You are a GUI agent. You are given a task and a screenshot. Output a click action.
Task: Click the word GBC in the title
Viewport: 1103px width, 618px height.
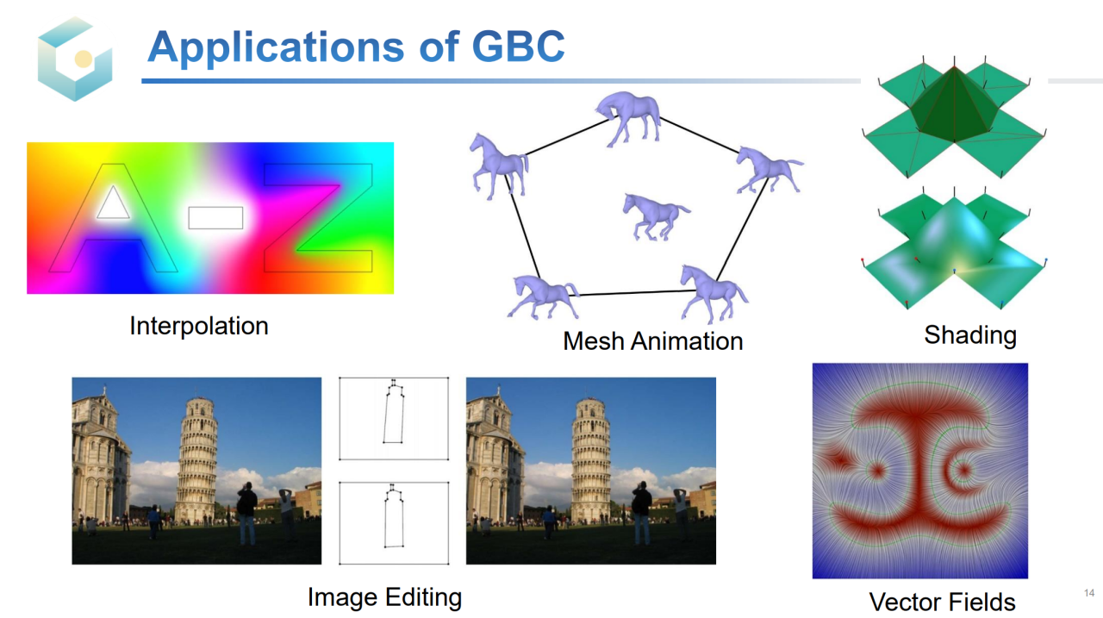point(518,47)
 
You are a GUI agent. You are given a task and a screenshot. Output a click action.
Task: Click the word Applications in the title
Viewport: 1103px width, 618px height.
point(276,47)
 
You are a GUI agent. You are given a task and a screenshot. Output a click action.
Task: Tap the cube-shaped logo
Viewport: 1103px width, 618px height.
point(75,59)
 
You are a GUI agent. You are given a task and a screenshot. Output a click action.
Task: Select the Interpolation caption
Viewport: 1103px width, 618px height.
point(199,326)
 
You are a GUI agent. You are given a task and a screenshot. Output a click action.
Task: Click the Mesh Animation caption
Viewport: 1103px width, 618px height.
point(653,341)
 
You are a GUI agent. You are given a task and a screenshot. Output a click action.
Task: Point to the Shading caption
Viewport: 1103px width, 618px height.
point(970,335)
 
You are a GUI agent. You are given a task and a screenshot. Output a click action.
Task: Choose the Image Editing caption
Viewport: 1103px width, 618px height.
point(384,597)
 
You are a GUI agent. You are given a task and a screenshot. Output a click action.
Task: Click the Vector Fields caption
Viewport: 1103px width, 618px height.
point(942,602)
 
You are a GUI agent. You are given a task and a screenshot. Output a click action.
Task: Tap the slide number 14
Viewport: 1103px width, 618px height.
point(1088,593)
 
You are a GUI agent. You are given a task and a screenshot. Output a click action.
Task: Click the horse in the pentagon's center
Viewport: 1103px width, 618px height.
point(655,216)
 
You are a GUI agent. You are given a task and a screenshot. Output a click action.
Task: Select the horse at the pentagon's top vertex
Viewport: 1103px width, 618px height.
point(629,118)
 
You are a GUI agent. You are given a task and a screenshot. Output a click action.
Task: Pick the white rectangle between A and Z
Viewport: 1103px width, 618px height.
point(215,218)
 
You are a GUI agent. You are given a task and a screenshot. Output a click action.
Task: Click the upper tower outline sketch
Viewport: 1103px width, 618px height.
point(394,414)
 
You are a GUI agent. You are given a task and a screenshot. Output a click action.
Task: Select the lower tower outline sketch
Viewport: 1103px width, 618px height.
point(394,517)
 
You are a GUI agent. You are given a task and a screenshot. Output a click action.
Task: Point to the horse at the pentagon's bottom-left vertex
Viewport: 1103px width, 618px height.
point(544,297)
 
